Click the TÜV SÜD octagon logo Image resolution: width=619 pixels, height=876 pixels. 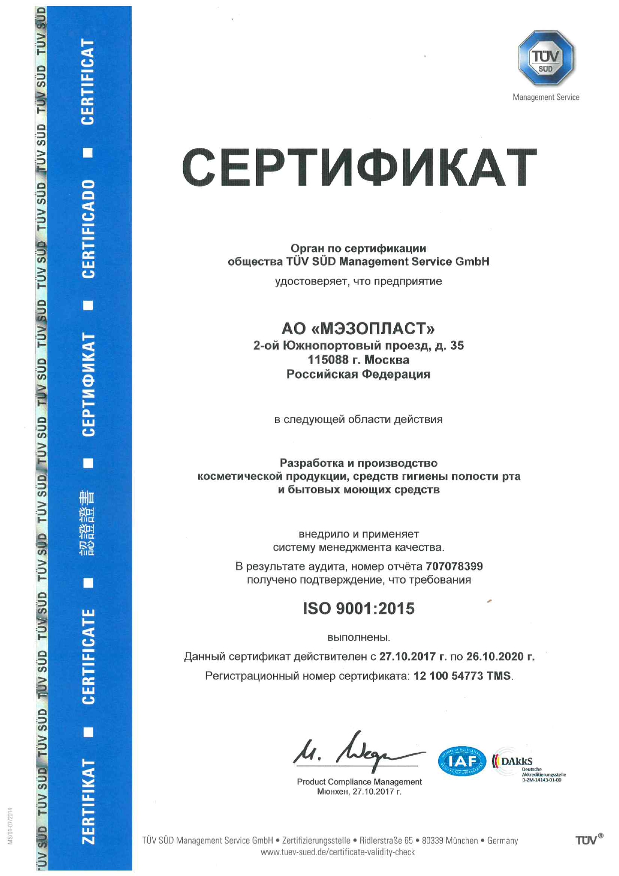point(546,57)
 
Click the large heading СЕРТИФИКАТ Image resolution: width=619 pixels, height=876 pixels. point(359,167)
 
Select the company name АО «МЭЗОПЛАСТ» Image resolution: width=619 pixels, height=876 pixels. point(358,328)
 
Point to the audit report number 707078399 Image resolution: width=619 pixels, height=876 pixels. point(454,566)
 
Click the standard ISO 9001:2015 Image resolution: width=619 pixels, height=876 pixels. point(358,608)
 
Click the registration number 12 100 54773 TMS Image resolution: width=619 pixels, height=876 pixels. point(462,676)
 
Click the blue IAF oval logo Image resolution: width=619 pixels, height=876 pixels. point(462,761)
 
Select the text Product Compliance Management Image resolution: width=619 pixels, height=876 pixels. point(359,782)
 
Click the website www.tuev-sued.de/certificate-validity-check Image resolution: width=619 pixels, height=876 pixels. point(337,852)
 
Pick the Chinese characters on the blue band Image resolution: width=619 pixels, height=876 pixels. point(88,523)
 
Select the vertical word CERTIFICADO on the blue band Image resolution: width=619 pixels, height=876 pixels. point(88,229)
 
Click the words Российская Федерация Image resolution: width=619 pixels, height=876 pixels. point(358,374)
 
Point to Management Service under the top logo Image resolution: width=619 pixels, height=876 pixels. point(546,97)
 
